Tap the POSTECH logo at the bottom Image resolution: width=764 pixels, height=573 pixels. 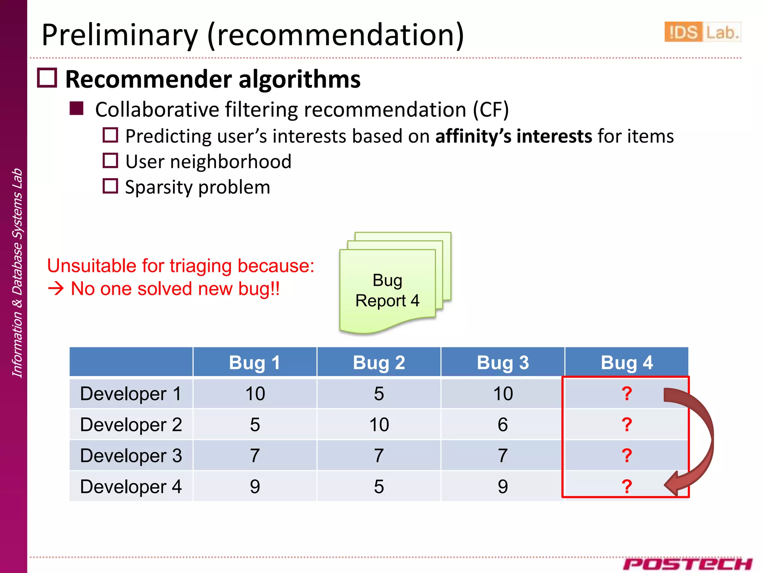tap(687, 564)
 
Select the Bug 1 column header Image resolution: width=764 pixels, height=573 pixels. tap(254, 363)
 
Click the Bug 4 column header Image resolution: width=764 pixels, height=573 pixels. tap(626, 363)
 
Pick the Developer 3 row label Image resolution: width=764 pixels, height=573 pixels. tap(131, 455)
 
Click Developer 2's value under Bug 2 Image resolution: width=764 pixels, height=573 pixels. tap(379, 425)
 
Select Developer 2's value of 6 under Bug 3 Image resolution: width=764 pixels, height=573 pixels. tap(502, 425)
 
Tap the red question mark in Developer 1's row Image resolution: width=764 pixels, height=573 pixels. tap(626, 394)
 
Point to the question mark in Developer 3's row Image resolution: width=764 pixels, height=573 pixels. tap(626, 455)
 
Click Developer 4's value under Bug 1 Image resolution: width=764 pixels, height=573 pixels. tap(254, 486)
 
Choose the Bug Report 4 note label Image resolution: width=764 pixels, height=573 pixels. tap(387, 291)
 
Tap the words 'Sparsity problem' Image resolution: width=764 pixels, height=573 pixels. tap(197, 187)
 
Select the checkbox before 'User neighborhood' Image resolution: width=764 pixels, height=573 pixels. tap(110, 161)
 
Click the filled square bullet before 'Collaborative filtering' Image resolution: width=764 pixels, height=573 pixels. tap(76, 109)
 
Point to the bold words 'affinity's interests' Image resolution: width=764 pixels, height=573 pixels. tap(513, 136)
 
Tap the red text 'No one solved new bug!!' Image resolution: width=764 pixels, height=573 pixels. tap(175, 289)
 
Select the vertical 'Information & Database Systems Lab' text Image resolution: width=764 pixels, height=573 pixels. tap(17, 273)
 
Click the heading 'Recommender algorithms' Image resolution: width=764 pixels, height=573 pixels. tap(213, 79)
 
